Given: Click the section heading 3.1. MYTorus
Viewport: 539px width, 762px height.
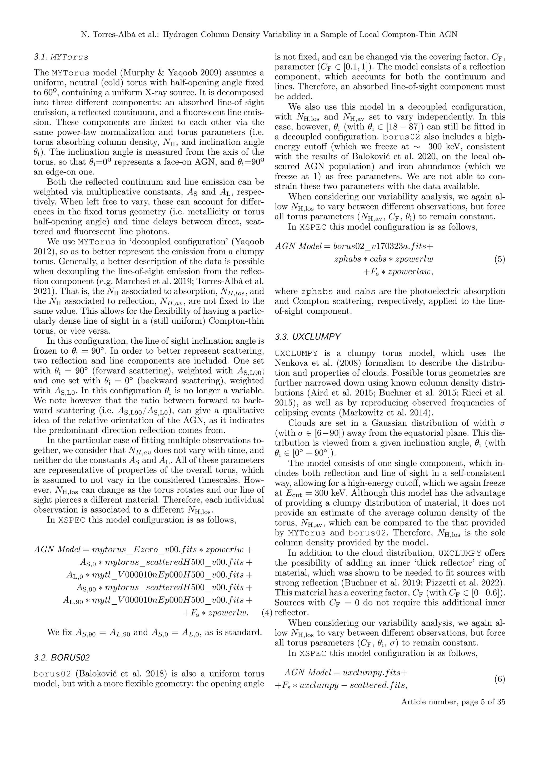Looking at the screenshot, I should pos(61,57).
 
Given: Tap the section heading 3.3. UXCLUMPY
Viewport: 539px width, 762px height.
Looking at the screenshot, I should pos(308,337).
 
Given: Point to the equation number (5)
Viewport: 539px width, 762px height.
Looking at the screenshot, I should pos(500,259).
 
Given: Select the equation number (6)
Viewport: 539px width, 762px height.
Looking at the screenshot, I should pos(500,679).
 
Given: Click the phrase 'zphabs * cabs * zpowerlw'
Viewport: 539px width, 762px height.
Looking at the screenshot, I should pos(384,259).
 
